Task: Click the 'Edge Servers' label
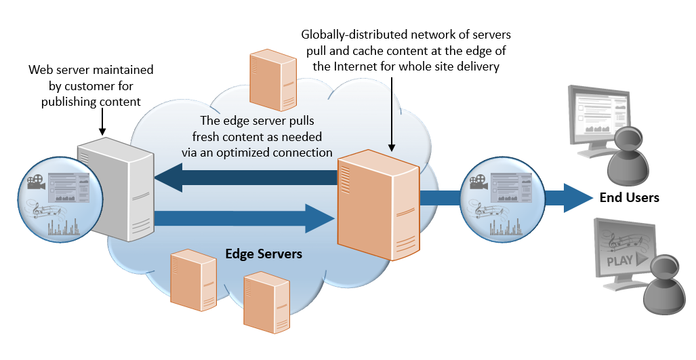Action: pyautogui.click(x=264, y=254)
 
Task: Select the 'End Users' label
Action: pyautogui.click(x=629, y=198)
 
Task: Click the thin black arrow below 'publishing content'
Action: pyautogui.click(x=101, y=121)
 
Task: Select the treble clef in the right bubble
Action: pyautogui.click(x=480, y=211)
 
